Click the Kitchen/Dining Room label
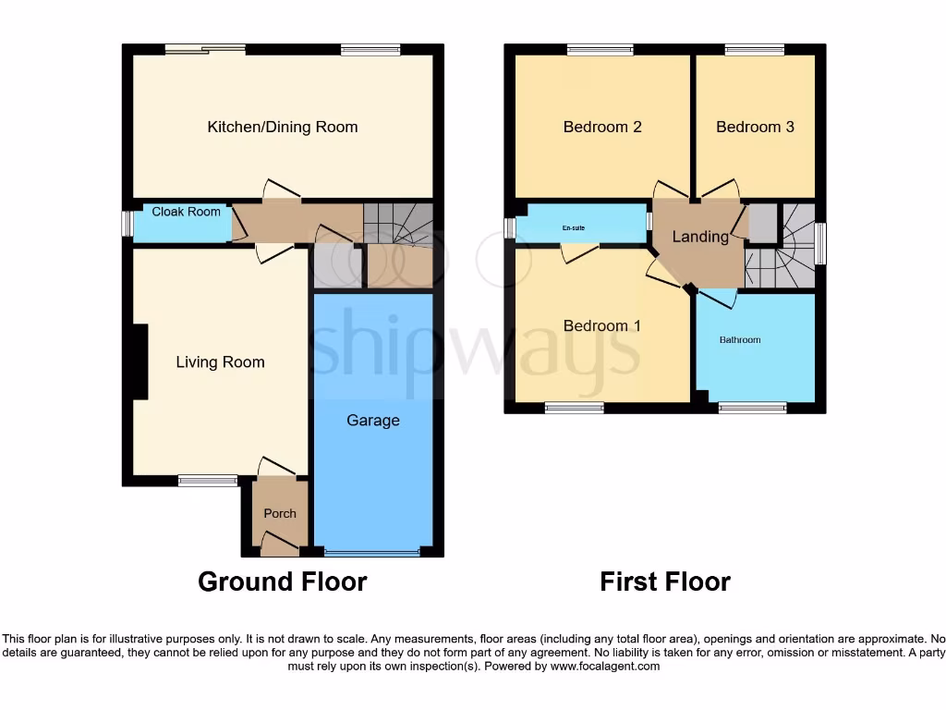(x=282, y=127)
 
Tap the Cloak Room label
(x=186, y=212)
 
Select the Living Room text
(x=220, y=362)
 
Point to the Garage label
(x=373, y=421)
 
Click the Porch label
(x=280, y=514)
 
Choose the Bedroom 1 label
(x=601, y=326)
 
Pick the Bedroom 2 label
(x=602, y=127)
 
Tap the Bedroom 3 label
(x=755, y=127)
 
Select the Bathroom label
(x=740, y=340)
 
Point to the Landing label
(x=699, y=237)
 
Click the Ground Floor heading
(x=282, y=581)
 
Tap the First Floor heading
(x=664, y=581)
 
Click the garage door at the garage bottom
(x=372, y=553)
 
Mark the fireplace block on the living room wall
(x=139, y=361)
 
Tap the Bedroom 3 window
(x=754, y=50)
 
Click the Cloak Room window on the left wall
(x=127, y=225)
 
